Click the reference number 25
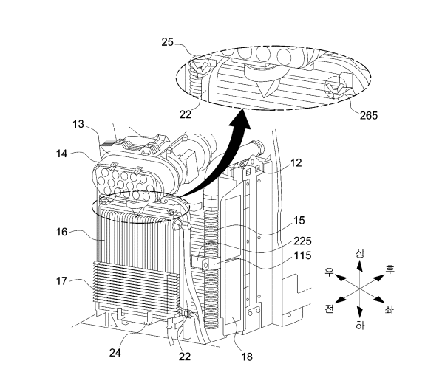tap(168, 42)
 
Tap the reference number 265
tap(368, 115)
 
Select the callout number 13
tap(78, 124)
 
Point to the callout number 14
tap(61, 154)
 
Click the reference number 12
tap(296, 162)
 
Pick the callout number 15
tap(299, 221)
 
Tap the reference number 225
tap(303, 241)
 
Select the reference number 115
tap(303, 255)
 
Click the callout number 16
tap(62, 232)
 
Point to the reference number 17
tap(62, 281)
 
